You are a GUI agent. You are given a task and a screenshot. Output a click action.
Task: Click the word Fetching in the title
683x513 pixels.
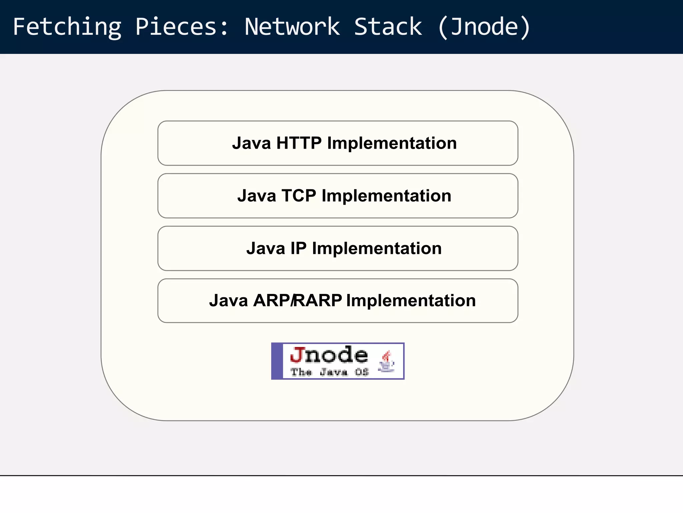click(67, 27)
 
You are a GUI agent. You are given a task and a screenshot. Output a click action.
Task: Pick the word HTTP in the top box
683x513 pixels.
click(299, 143)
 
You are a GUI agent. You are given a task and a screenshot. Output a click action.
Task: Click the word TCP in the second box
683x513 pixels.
click(299, 196)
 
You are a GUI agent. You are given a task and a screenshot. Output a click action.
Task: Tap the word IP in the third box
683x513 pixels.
click(298, 248)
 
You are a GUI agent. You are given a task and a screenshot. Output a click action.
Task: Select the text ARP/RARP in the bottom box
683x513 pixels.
click(297, 301)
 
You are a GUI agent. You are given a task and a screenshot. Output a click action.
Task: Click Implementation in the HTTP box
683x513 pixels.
click(392, 143)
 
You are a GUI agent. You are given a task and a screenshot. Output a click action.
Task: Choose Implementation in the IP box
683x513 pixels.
click(377, 248)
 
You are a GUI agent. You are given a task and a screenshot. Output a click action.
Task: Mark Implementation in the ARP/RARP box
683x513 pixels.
click(411, 301)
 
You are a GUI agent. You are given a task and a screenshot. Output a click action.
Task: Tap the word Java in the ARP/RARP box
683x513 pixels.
click(228, 301)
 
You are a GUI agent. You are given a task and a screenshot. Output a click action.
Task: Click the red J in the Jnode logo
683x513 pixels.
click(297, 355)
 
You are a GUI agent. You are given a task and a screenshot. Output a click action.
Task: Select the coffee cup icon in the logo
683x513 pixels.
click(386, 362)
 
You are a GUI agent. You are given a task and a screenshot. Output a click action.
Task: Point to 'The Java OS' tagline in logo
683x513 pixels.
click(329, 372)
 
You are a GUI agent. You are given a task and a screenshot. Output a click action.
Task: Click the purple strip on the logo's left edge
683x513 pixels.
click(277, 361)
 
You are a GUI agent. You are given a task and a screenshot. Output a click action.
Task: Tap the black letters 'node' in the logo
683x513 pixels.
click(336, 355)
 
